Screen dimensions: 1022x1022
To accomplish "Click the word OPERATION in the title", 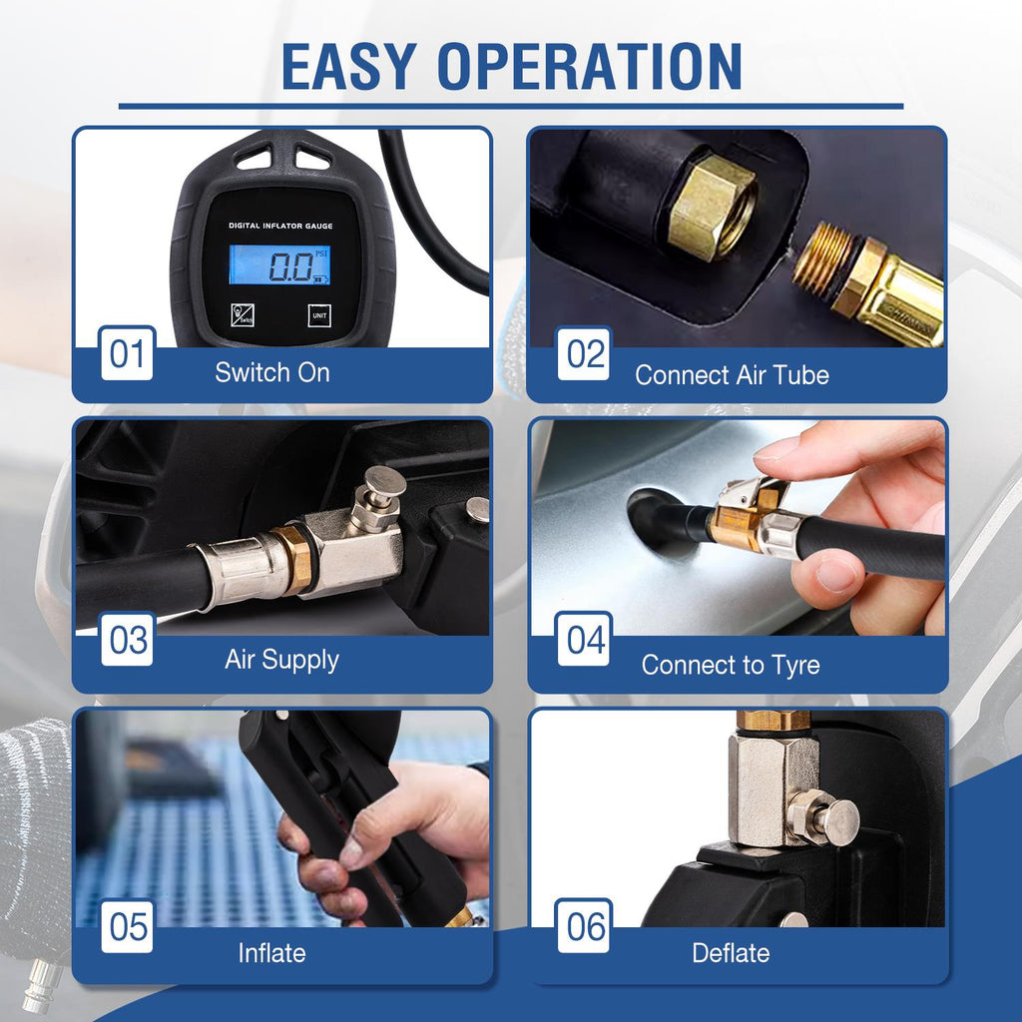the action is point(590,66).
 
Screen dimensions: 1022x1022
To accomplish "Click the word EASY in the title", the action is point(349,66).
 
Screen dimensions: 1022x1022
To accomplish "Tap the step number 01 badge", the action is point(127,353).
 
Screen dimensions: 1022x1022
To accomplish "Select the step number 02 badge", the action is point(584,353).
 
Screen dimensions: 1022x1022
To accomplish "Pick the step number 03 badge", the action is point(127,640).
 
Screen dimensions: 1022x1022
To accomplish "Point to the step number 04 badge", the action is point(584,640).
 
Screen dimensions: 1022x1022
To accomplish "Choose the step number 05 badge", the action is point(127,926).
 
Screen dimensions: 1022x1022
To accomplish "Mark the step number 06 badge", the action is point(584,926).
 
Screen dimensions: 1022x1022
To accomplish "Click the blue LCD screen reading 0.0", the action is point(279,264).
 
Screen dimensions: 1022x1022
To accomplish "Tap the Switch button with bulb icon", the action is point(243,315).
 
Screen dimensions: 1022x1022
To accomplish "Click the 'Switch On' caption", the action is point(272,372).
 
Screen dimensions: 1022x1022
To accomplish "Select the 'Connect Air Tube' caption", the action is point(732,375).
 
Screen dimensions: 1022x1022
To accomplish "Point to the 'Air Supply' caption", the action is point(281,661).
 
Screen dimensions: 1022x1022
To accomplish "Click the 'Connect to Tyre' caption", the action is point(731,666).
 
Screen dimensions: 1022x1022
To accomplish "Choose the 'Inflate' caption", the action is point(271,953).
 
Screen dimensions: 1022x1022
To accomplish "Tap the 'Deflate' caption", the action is point(731,953).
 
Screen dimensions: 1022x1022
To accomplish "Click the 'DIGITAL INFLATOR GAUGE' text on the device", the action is point(280,226).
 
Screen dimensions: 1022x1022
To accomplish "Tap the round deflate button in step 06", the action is point(837,822).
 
